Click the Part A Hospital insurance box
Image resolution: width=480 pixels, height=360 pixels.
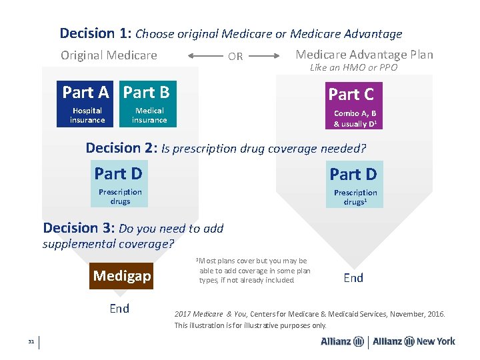(87, 105)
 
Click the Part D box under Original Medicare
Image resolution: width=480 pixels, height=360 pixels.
(121, 183)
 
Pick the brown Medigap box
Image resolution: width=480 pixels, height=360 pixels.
(122, 275)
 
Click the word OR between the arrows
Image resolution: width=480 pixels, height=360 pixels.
(235, 57)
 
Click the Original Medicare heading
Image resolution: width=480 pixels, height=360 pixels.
(109, 55)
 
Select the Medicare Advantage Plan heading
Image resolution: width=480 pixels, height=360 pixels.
(364, 55)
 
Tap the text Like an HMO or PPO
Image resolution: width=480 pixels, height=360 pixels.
(353, 68)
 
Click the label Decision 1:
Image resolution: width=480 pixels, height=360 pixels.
(96, 33)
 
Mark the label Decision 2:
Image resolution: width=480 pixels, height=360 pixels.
(122, 148)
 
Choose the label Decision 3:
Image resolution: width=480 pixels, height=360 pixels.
(79, 228)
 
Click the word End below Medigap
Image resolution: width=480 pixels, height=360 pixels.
(119, 308)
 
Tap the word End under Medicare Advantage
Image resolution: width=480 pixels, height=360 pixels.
(353, 277)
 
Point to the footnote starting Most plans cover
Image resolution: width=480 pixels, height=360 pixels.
(254, 270)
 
